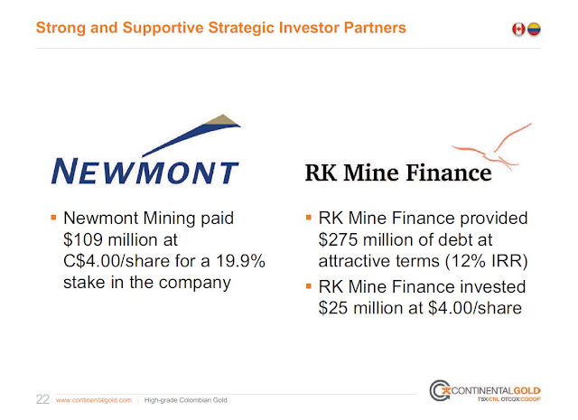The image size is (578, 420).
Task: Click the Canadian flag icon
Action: coord(518,29)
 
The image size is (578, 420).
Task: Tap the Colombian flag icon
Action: coord(534,29)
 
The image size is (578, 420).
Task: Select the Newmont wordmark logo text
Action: coord(144,172)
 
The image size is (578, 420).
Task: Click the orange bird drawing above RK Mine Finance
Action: coord(492,146)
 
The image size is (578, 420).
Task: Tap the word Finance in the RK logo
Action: coord(449,173)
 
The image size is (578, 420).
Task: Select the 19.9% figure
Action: coord(240,261)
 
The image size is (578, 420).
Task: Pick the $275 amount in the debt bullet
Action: coord(339,239)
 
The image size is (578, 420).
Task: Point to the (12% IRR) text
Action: coord(487,261)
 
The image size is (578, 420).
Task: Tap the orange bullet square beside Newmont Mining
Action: coord(53,217)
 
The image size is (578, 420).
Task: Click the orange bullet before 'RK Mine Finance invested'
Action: coord(309,285)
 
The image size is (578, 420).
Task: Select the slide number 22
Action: coord(42,399)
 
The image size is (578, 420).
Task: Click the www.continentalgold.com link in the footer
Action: coord(94,400)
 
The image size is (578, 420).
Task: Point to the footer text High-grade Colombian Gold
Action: coord(185,400)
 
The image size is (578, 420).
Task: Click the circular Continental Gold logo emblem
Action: coord(440,390)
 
